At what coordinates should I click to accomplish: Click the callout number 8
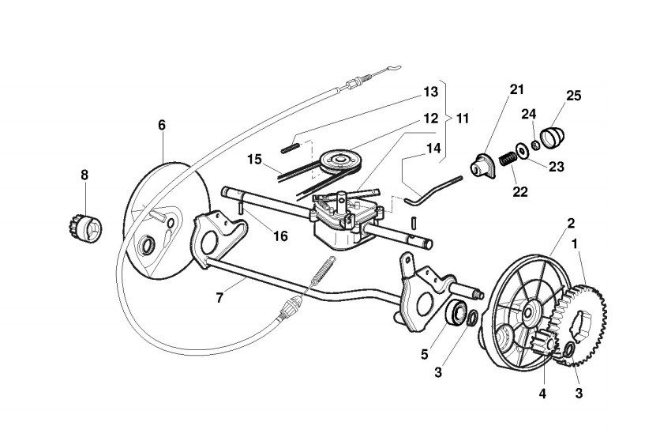point(84,174)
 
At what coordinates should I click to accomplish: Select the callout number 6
point(162,125)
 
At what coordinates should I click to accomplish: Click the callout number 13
point(430,92)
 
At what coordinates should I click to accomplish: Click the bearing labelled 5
point(456,312)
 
